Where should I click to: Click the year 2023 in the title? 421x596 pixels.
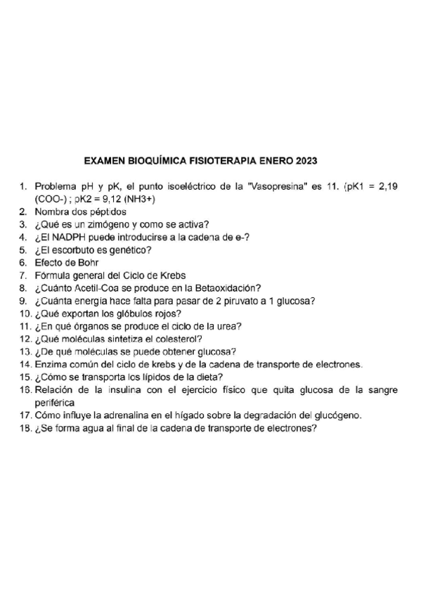tap(306, 160)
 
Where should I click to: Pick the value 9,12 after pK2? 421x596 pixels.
tap(108, 200)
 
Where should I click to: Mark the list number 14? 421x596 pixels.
tap(25, 364)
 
